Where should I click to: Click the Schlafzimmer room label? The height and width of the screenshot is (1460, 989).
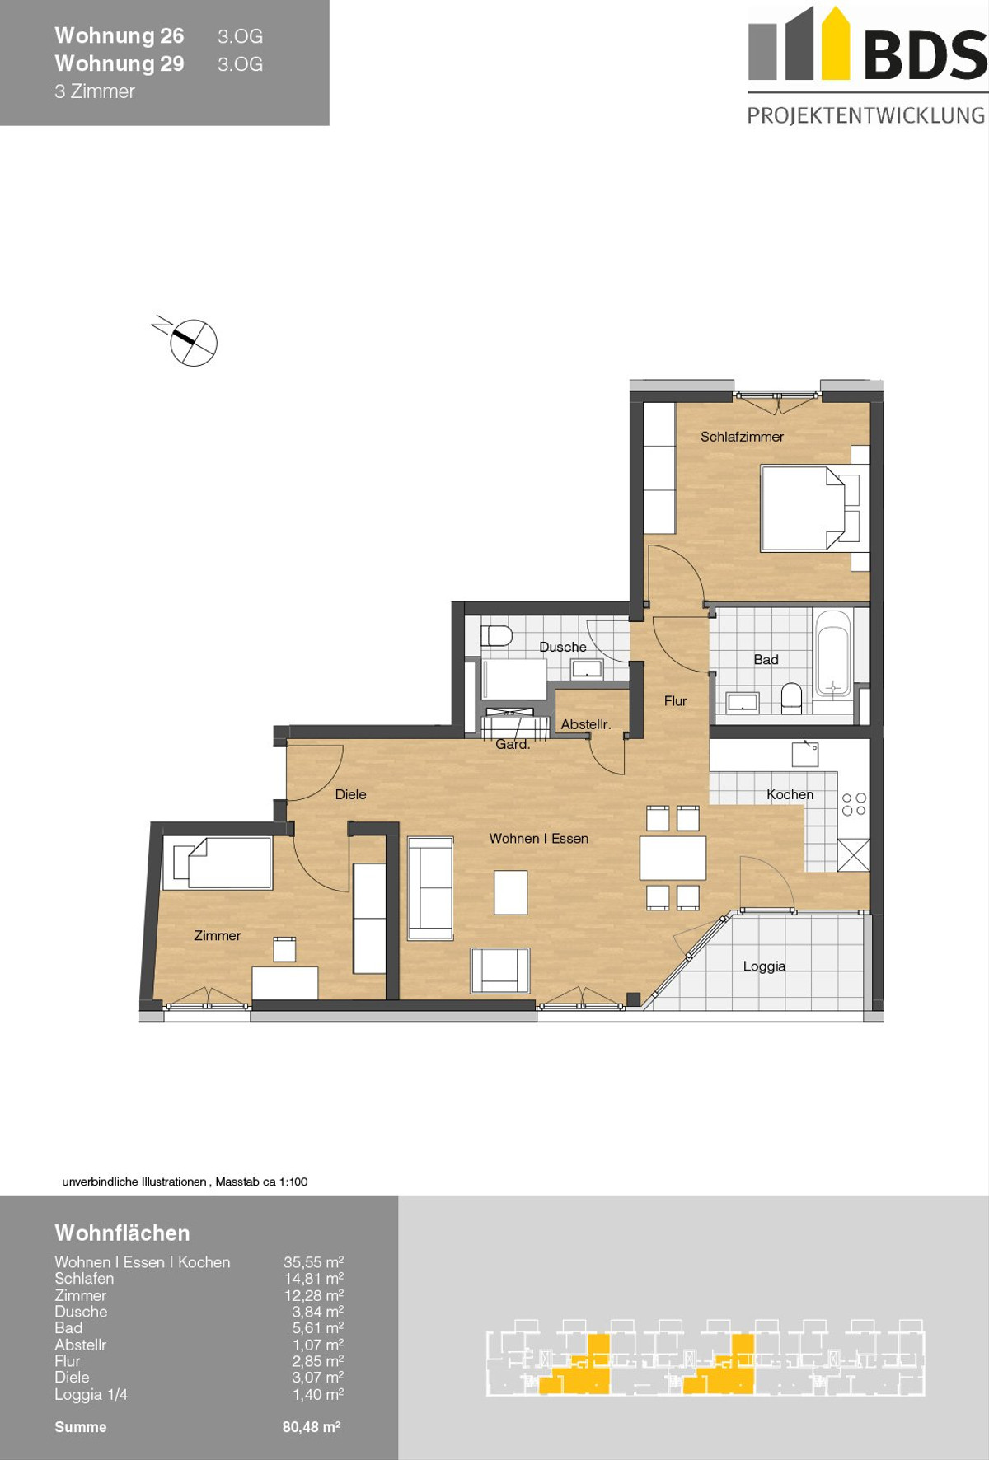pyautogui.click(x=742, y=437)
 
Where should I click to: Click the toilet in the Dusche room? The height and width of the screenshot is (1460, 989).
pyautogui.click(x=496, y=635)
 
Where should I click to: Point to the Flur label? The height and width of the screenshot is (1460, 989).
pyautogui.click(x=675, y=701)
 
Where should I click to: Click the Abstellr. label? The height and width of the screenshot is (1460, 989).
pyautogui.click(x=585, y=724)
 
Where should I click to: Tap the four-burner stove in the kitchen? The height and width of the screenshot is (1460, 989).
pyautogui.click(x=854, y=804)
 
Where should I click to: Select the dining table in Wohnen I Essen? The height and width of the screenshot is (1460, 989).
pyautogui.click(x=673, y=858)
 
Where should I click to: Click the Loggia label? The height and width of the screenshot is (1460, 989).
pyautogui.click(x=764, y=966)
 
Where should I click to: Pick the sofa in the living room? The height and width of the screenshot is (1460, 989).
pyautogui.click(x=430, y=888)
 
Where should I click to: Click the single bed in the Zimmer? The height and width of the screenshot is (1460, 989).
pyautogui.click(x=218, y=863)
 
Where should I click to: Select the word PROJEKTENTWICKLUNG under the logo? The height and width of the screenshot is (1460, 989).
pyautogui.click(x=866, y=115)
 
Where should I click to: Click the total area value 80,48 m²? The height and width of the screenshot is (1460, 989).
pyautogui.click(x=312, y=1427)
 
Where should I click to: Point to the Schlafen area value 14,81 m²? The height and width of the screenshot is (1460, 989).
pyautogui.click(x=313, y=1279)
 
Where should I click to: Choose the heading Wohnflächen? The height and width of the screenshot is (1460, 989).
pyautogui.click(x=122, y=1233)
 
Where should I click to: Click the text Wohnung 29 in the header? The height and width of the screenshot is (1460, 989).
pyautogui.click(x=120, y=63)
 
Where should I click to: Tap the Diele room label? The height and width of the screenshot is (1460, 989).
pyautogui.click(x=350, y=795)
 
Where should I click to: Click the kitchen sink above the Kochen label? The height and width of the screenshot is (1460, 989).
pyautogui.click(x=805, y=754)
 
